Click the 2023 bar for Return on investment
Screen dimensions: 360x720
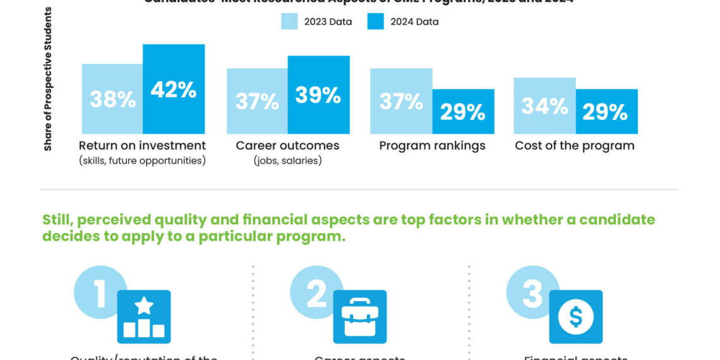click(112, 99)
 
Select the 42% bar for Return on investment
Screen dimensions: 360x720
click(174, 89)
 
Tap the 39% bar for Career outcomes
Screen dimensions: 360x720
click(318, 95)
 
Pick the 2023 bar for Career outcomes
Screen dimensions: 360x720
click(257, 101)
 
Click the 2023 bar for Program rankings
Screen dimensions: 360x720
click(401, 101)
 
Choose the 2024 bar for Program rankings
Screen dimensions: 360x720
click(463, 111)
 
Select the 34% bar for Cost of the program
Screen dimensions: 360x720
click(544, 105)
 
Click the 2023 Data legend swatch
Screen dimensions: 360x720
click(289, 21)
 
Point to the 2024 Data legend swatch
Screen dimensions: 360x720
click(375, 21)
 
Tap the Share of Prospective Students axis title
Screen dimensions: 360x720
click(48, 79)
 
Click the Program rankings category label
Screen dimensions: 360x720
click(432, 146)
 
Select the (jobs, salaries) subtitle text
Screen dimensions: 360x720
click(287, 161)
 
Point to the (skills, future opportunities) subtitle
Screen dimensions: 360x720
click(143, 161)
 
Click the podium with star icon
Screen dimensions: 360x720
click(144, 316)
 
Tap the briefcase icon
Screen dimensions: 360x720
click(359, 316)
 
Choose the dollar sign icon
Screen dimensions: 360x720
click(575, 316)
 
